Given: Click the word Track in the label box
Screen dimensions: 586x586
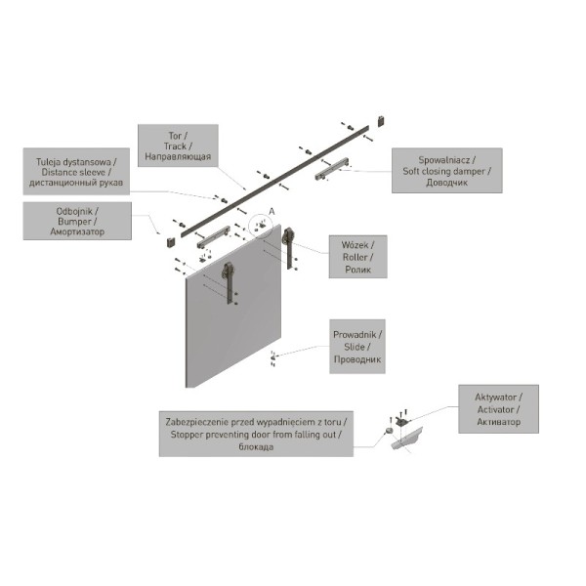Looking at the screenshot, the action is (175, 146).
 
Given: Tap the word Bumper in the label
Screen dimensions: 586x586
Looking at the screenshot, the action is (74, 222).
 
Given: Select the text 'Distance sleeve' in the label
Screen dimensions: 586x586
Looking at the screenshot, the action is (73, 172).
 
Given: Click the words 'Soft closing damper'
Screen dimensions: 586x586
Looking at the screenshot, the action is (444, 172).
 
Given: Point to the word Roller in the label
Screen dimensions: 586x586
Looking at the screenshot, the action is (356, 257).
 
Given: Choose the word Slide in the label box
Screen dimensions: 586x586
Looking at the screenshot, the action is (355, 347).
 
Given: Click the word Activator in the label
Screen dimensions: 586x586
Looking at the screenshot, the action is (495, 409).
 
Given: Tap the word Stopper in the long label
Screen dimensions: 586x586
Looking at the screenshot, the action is (186, 435).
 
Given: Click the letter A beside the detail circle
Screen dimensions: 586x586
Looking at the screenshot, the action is (272, 212).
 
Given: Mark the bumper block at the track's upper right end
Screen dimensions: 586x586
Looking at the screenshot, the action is (381, 121).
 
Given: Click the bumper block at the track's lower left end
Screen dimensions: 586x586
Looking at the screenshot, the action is (171, 241).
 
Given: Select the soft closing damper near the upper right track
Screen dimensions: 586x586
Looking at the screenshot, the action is (332, 169).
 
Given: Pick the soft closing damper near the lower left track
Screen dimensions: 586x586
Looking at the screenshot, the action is (214, 237).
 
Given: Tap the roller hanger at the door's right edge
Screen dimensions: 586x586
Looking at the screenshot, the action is (288, 247).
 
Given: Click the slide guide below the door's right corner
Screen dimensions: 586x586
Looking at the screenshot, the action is (272, 358).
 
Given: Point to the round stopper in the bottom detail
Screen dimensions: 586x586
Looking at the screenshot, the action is (389, 431).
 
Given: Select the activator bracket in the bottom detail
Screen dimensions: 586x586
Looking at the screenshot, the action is (402, 422).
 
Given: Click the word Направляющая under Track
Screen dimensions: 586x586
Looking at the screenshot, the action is (178, 156).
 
